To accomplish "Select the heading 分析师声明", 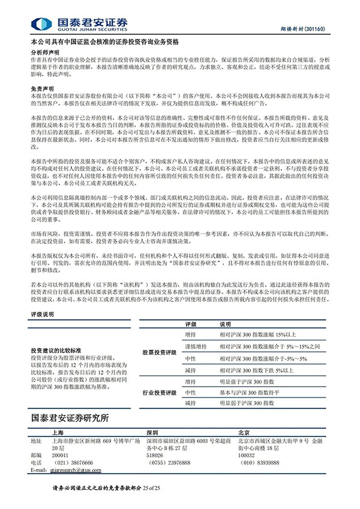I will click(x=41, y=52).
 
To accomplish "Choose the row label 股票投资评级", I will click(x=159, y=353).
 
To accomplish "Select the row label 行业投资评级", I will click(x=159, y=393).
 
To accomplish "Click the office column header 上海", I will click(x=59, y=432).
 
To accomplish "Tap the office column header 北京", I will click(x=245, y=432).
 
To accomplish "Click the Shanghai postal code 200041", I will click(x=61, y=455).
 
